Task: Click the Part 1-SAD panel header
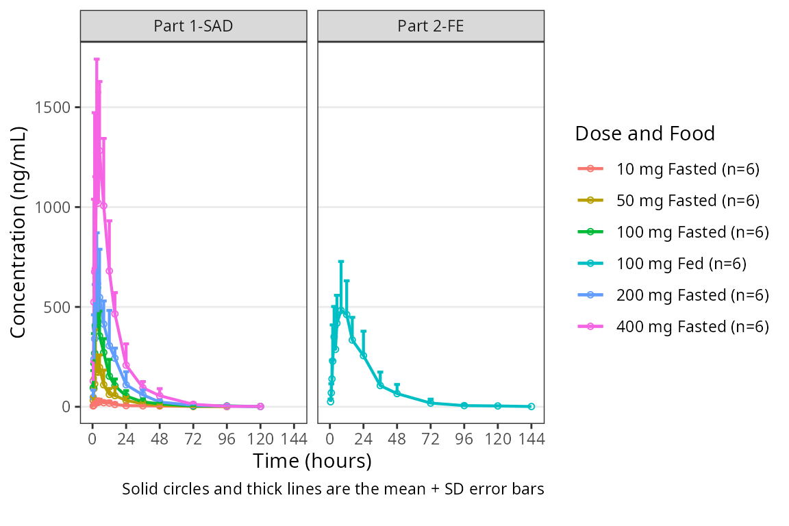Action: (x=193, y=27)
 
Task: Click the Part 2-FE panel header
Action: (x=430, y=27)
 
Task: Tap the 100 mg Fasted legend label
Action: (x=692, y=232)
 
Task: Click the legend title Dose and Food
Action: (x=644, y=134)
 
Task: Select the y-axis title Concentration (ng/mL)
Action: (x=18, y=232)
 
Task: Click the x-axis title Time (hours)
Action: (x=312, y=461)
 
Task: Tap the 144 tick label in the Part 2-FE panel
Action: (x=531, y=440)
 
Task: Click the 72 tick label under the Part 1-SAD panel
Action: (x=193, y=440)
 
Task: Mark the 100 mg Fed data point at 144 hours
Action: (x=531, y=406)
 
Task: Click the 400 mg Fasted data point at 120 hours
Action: (x=260, y=406)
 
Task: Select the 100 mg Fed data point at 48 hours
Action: (x=397, y=393)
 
